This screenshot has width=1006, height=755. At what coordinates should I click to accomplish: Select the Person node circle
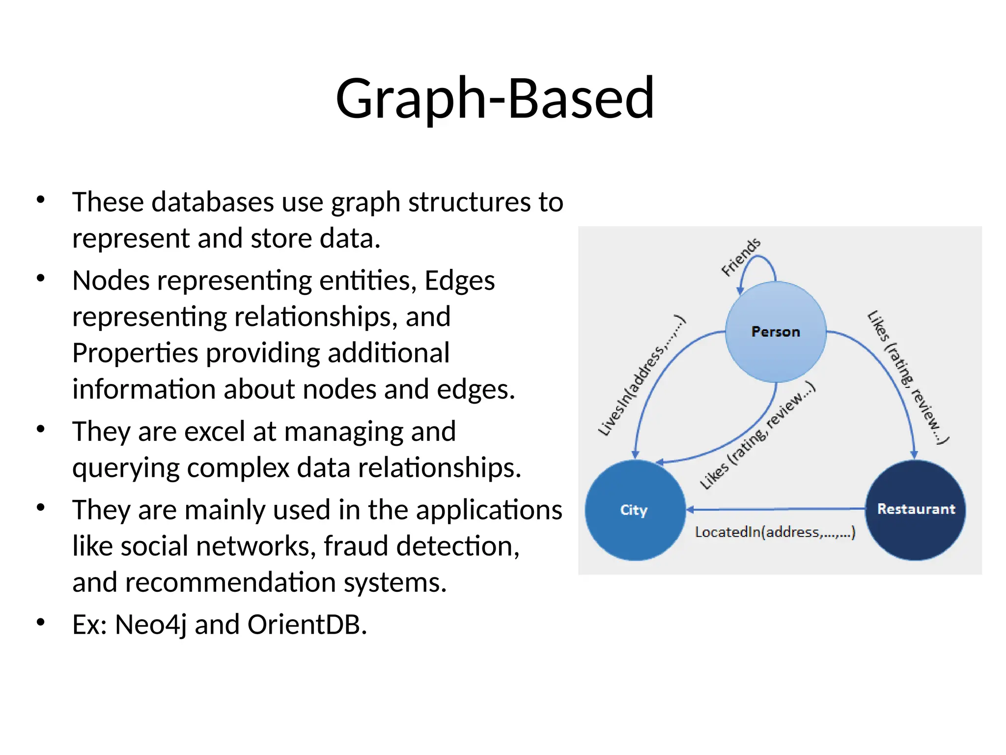(776, 332)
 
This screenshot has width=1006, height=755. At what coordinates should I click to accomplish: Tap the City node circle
(635, 510)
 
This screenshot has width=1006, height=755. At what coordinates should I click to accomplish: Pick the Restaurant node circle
(916, 509)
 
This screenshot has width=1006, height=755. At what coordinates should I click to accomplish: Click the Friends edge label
(740, 257)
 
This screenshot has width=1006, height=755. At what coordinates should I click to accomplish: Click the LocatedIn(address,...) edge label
(775, 532)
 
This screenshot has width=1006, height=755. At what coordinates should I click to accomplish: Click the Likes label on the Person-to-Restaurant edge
(907, 377)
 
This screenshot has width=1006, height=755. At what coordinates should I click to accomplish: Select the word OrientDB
(307, 625)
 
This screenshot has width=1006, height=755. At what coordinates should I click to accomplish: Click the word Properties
(136, 353)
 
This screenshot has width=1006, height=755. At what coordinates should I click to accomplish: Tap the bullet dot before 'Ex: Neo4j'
(41, 622)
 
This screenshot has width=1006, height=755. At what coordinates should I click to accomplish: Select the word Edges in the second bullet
(459, 281)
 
